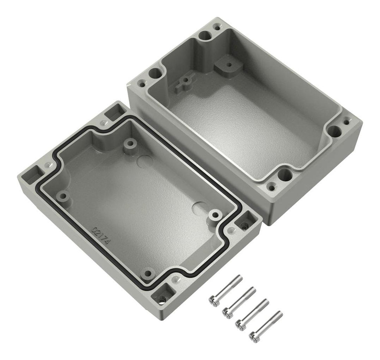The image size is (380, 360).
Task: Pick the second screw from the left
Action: [x=239, y=302]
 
